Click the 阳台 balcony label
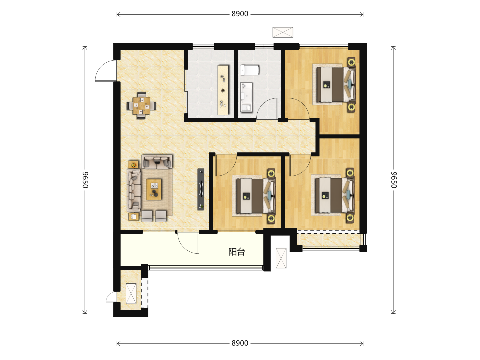coord(237,252)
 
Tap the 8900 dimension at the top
coord(240,14)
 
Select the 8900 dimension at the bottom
coord(240,343)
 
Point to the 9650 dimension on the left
coord(85,180)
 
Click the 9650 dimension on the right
coord(394,180)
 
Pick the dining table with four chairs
coord(142,106)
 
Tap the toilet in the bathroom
coord(250,70)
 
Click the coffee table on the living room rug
coord(154,189)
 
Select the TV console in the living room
coord(201,189)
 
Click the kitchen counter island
coord(223,90)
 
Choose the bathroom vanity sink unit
coord(246,97)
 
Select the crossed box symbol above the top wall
coord(283,32)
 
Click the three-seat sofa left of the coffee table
coord(134,190)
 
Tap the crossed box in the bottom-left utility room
coord(131,294)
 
